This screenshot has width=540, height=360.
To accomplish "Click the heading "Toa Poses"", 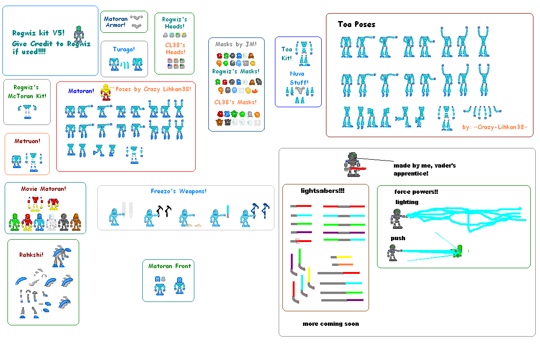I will point(356,24).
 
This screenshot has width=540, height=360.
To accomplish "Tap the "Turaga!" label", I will point(124,49).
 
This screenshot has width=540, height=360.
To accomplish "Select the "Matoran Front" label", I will point(170,266).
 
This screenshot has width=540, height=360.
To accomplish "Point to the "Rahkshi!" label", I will point(31,255).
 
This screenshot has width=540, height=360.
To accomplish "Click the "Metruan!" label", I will point(27,140).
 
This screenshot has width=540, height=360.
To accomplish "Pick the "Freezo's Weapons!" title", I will point(178,191).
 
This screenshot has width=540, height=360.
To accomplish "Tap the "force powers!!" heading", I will point(416,191).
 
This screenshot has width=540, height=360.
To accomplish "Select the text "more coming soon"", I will point(331,323).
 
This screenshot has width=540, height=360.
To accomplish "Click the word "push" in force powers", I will point(398,238).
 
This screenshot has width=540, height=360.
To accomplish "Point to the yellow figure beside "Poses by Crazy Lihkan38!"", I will point(106,92).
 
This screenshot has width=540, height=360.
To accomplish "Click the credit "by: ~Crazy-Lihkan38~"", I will point(495,127).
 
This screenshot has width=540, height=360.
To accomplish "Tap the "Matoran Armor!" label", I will point(116,22).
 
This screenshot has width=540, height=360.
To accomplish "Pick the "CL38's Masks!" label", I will point(236,102).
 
